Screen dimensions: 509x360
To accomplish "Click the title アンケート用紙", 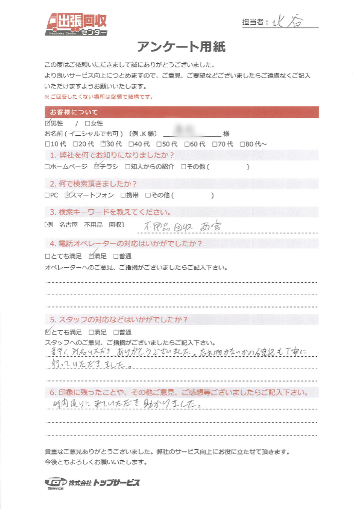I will tap(181, 47).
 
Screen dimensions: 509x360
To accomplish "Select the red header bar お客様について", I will tap(182, 112).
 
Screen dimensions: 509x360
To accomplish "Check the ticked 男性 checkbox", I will tap(48, 123).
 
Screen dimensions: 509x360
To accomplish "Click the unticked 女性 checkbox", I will tap(87, 123).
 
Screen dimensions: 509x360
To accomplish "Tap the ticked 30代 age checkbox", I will tap(103, 143).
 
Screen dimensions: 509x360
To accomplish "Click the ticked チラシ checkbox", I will tap(98, 167).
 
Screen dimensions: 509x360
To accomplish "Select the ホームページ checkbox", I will tap(48, 167).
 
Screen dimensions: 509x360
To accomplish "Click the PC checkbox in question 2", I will tap(48, 195).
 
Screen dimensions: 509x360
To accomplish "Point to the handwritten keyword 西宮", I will tap(202, 225).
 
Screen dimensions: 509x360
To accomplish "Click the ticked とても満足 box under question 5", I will tap(48, 332).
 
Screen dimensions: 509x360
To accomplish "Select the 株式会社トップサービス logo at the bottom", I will tap(92, 483).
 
